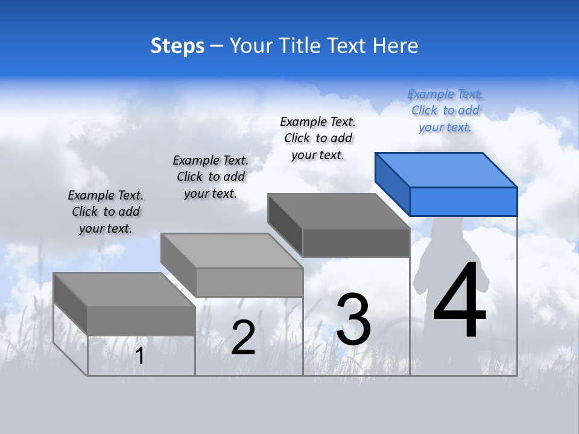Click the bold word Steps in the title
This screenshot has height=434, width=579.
tap(177, 46)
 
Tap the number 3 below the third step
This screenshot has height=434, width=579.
tap(353, 319)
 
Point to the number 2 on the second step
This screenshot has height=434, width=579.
tap(243, 338)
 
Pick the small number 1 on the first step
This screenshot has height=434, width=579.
tap(140, 356)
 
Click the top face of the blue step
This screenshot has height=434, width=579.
tap(446, 169)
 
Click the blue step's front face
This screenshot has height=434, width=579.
tap(463, 201)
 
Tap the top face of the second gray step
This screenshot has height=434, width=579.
tap(232, 251)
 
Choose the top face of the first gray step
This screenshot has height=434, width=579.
tap(124, 289)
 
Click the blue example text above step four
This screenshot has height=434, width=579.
tap(445, 110)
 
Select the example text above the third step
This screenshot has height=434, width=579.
tap(318, 138)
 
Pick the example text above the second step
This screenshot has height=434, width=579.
tap(210, 177)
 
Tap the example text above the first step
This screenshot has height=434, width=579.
tap(106, 212)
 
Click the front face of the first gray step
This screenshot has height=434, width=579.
tap(141, 321)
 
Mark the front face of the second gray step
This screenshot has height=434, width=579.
tap(249, 282)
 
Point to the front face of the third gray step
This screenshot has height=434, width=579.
tap(356, 243)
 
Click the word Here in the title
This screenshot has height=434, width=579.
tap(396, 46)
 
